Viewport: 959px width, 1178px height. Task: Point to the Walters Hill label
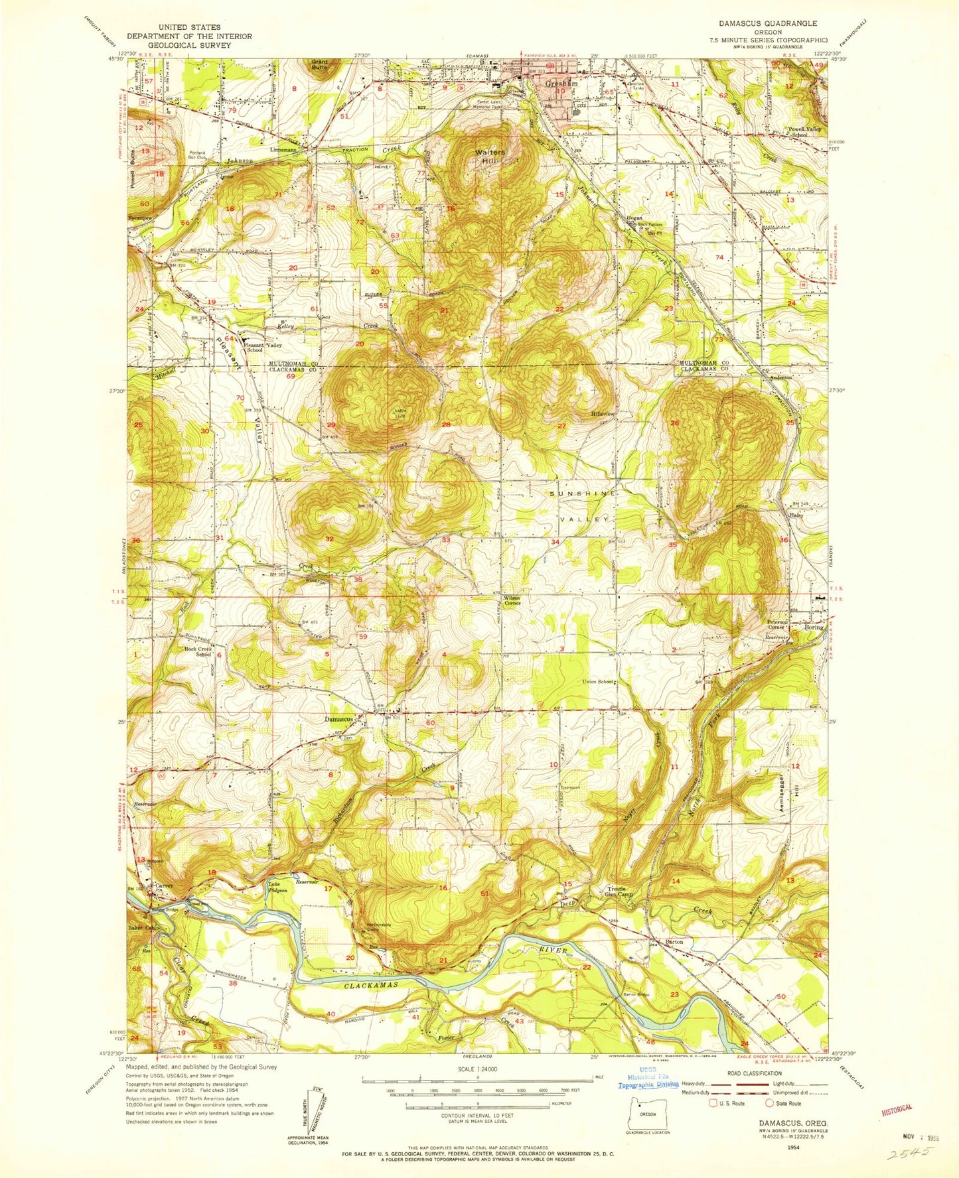[x=490, y=157]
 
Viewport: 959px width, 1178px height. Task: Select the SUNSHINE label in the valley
[x=576, y=494]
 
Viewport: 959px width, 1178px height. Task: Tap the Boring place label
[x=814, y=627]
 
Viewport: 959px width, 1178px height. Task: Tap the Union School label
[x=597, y=682]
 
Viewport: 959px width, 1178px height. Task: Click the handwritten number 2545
[x=910, y=1154]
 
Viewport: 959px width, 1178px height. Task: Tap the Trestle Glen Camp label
[x=621, y=892]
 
